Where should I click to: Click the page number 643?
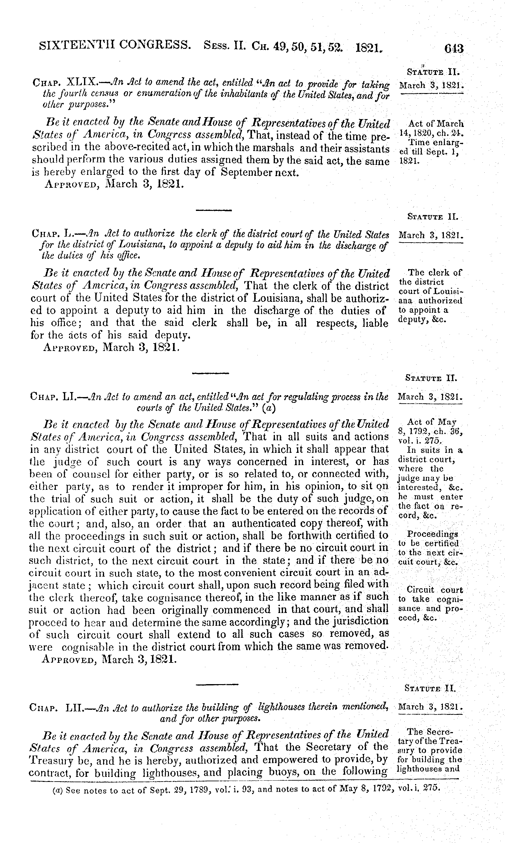point(454,49)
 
